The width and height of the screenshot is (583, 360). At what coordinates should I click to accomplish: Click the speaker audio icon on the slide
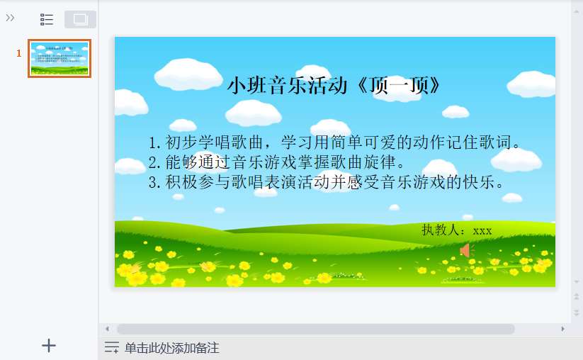click(x=465, y=250)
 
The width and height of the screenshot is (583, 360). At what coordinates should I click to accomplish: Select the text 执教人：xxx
click(x=456, y=230)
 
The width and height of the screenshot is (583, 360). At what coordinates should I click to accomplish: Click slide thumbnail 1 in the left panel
click(x=60, y=58)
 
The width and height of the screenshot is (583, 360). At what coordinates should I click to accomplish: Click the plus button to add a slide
click(x=49, y=346)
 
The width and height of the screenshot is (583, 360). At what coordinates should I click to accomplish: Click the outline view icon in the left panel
click(x=47, y=19)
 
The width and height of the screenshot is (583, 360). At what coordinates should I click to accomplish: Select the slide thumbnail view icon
click(x=80, y=19)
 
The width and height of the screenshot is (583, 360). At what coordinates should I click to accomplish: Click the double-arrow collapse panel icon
click(x=10, y=18)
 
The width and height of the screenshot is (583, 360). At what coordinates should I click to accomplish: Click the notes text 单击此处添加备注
click(x=171, y=348)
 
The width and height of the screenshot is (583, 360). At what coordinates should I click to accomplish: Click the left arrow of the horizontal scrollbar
click(x=107, y=329)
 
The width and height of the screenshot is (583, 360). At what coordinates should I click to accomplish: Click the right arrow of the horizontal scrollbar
click(x=562, y=329)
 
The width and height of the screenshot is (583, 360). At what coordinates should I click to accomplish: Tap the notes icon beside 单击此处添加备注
click(x=111, y=347)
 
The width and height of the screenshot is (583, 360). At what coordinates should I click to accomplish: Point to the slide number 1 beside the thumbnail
click(x=19, y=53)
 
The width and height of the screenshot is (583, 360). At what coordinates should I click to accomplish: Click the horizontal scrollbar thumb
click(x=315, y=329)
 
